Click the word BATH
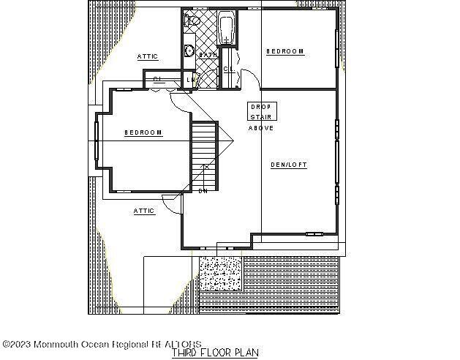pos(208,55)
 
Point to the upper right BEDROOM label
pos(284,51)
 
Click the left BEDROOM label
pos(143,132)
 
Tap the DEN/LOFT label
pos(289,165)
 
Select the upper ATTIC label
pos(148,56)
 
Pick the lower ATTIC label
pos(144,211)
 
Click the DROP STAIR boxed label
pos(261,111)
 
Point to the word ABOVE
pos(261,129)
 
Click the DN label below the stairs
pos(203,192)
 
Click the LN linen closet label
pos(189,80)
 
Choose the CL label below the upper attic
pos(157,79)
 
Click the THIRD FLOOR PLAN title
pos(215,353)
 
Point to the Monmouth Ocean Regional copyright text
pos(102,343)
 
